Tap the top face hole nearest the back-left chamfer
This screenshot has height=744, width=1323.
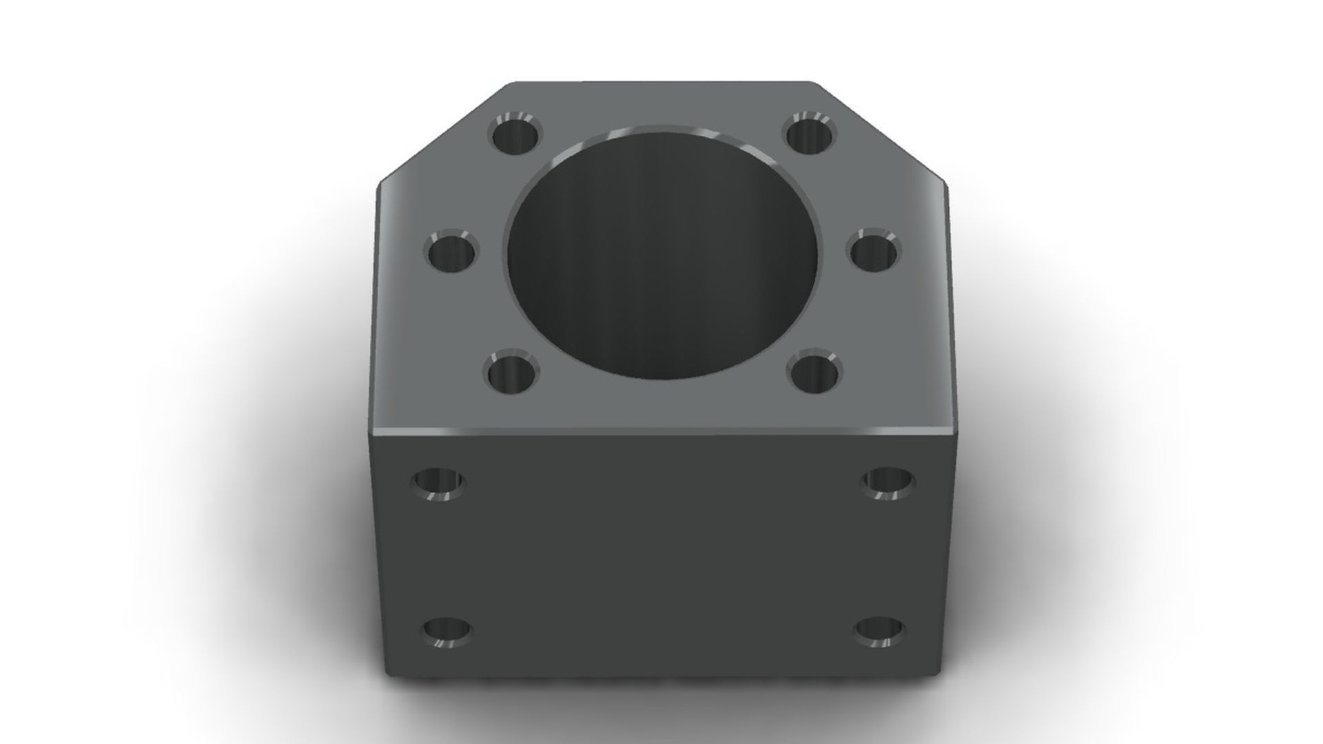click(x=516, y=134)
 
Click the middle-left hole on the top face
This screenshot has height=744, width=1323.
click(x=452, y=252)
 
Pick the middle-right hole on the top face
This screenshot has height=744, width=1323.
click(x=874, y=251)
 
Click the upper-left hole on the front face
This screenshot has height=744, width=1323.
click(x=438, y=483)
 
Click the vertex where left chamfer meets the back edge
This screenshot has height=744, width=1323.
click(x=511, y=84)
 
